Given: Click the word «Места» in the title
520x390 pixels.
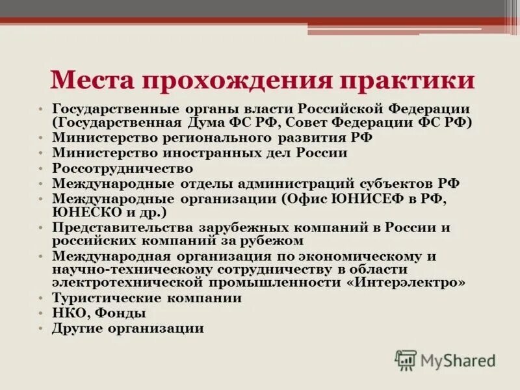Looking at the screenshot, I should (90, 80).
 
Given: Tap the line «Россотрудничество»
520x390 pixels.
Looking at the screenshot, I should (123, 168).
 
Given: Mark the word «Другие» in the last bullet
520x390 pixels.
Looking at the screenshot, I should (81, 329).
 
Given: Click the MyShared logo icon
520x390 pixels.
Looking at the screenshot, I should (406, 359).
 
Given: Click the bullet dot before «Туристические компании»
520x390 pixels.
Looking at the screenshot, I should (40, 298).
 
